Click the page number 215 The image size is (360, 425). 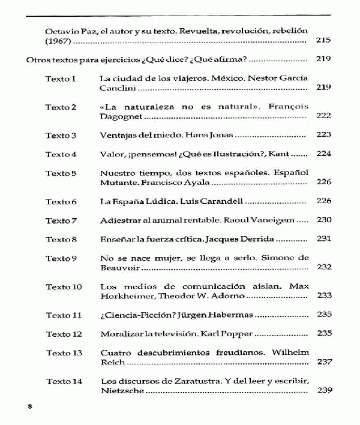point(323,41)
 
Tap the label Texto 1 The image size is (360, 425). point(61,78)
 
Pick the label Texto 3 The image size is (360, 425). point(61,135)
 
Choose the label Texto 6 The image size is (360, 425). point(61,201)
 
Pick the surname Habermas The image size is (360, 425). point(231,314)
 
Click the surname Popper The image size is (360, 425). point(238,333)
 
